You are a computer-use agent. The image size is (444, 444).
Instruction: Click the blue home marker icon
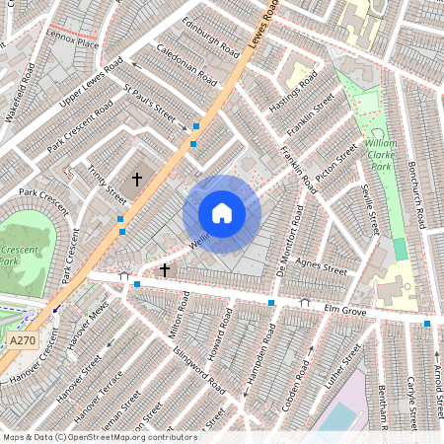[222, 213]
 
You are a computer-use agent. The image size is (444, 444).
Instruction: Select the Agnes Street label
[324, 266]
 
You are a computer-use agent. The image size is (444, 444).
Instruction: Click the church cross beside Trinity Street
[137, 178]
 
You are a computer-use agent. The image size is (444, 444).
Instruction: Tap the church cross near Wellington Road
[164, 267]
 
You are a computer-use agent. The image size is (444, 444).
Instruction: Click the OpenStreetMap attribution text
[99, 437]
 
